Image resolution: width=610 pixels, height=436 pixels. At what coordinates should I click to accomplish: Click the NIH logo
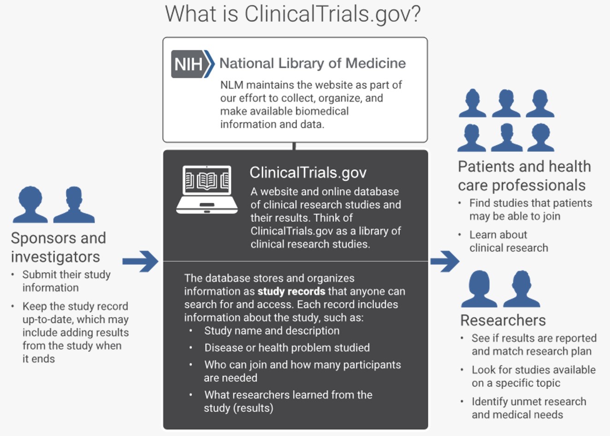point(192,64)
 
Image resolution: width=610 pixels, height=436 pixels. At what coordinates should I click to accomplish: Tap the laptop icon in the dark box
point(207,189)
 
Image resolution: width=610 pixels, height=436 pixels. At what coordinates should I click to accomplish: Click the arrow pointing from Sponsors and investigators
point(141,261)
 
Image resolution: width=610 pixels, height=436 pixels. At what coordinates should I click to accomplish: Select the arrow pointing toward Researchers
point(444,261)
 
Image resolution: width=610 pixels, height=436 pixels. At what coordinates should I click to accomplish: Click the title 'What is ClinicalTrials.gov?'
point(293,14)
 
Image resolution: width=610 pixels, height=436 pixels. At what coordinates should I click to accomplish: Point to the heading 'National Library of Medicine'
point(313,63)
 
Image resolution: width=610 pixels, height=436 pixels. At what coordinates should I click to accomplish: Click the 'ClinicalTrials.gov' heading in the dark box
point(308,173)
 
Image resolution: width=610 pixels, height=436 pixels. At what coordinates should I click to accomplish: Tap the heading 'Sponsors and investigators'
point(59,247)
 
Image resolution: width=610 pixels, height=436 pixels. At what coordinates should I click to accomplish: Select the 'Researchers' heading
point(503,320)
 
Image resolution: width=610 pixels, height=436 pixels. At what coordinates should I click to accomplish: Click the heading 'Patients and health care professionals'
point(524,176)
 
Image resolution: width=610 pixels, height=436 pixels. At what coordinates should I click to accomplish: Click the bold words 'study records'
point(291,291)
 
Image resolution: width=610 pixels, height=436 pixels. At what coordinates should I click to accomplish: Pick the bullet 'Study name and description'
point(272,331)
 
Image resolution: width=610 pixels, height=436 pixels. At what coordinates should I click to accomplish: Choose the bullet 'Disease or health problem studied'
point(287,348)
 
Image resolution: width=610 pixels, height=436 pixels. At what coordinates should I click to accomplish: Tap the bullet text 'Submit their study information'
point(66,281)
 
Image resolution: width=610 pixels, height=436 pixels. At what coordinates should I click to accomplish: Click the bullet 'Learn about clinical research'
point(508,241)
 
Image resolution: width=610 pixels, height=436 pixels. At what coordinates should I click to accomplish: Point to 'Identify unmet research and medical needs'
point(528,408)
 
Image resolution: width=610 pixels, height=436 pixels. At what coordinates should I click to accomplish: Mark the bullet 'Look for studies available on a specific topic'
point(533,376)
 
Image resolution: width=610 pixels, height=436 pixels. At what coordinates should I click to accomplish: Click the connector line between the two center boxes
point(294,146)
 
